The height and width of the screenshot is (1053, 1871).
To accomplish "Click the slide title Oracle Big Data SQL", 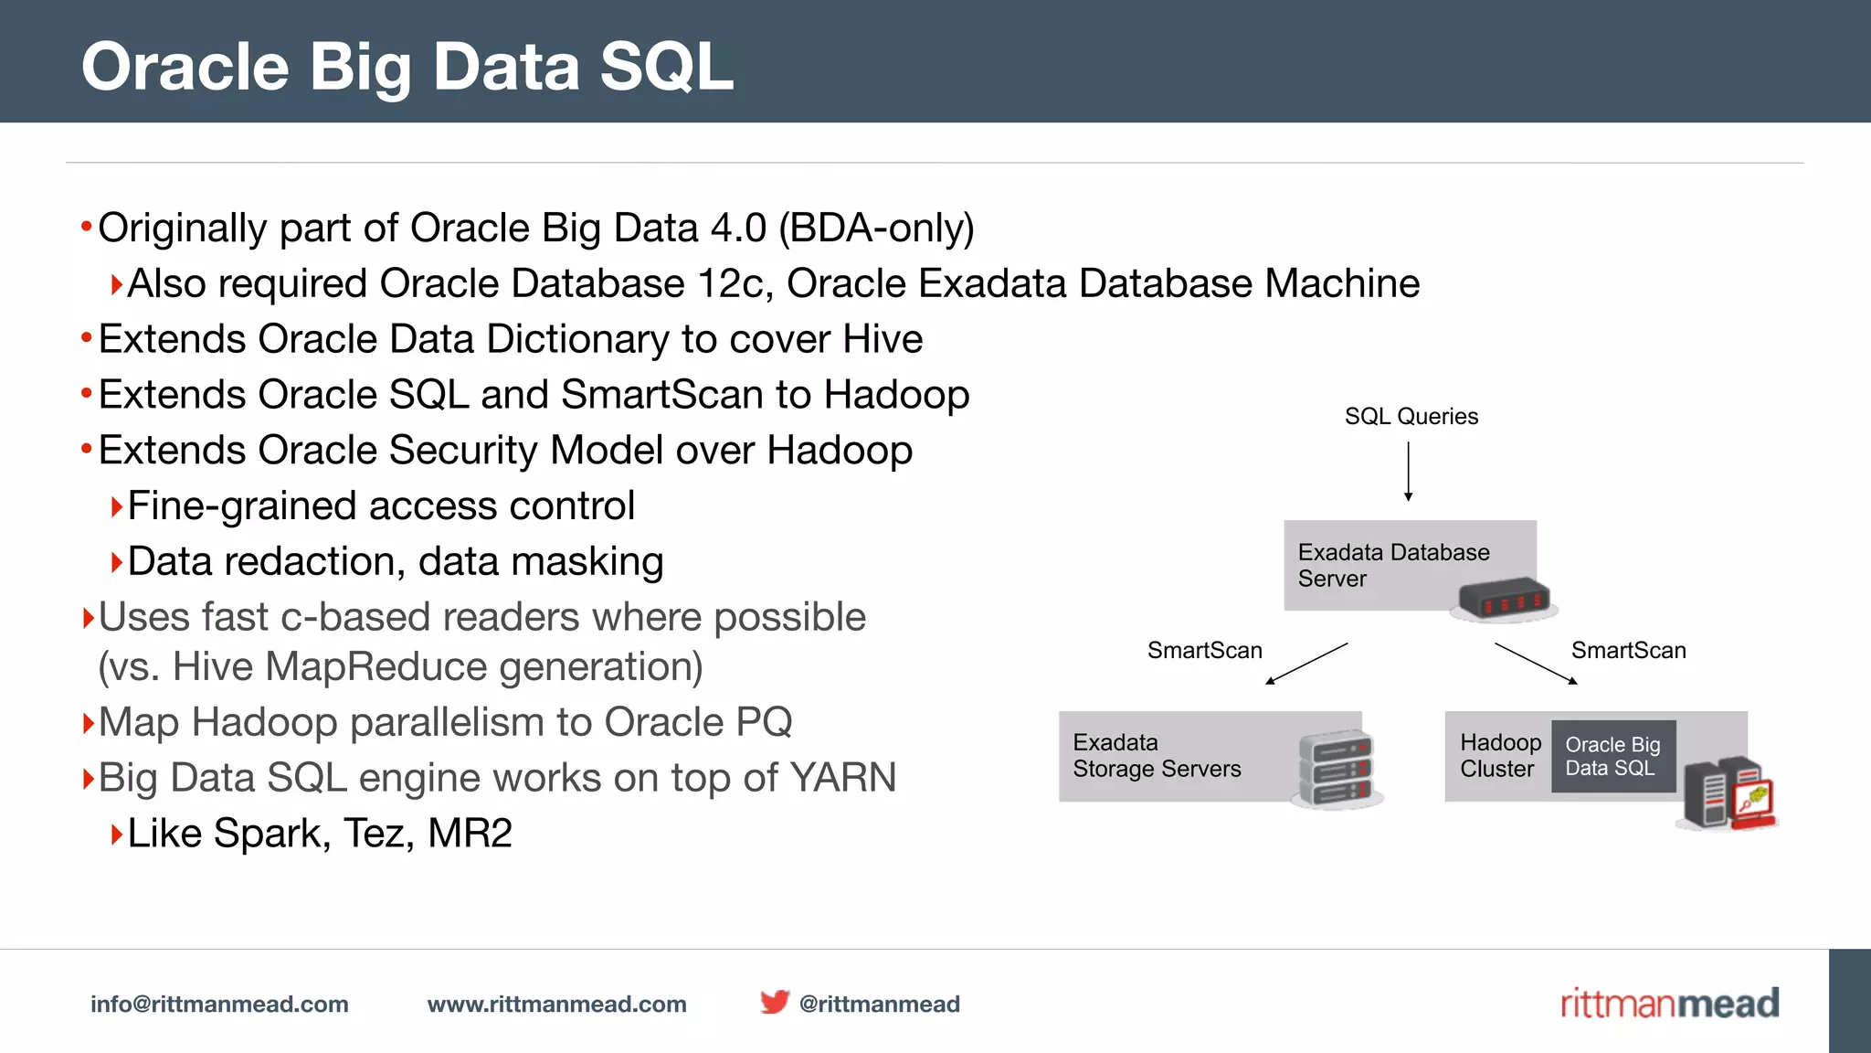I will click(407, 67).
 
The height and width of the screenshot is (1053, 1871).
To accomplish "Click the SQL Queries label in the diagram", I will click(1411, 417).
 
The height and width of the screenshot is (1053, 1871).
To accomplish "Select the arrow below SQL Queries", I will click(1409, 472).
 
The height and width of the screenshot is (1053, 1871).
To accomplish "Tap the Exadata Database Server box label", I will click(1393, 565).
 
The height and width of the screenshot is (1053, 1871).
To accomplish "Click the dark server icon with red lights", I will click(1504, 600).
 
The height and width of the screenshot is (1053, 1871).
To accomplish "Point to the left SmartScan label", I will click(1204, 651).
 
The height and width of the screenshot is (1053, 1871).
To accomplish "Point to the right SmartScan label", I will click(1628, 651).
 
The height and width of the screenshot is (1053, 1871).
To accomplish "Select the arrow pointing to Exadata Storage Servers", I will click(1306, 664).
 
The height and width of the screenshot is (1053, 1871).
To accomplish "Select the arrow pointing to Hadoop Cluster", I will click(1536, 664).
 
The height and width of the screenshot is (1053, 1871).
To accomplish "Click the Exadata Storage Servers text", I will click(1157, 756).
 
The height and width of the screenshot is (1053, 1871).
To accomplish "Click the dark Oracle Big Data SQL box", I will click(1612, 757).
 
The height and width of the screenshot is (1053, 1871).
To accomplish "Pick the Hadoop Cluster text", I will click(1499, 756).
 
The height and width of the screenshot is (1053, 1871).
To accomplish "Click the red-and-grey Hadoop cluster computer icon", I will click(1728, 793).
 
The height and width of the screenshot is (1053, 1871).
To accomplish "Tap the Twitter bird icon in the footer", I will click(774, 1002).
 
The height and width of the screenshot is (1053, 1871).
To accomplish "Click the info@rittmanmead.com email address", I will click(219, 1005).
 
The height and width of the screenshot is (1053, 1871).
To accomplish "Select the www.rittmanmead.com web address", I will click(556, 1005).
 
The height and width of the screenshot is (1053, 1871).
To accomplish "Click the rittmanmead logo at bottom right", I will click(1669, 1004).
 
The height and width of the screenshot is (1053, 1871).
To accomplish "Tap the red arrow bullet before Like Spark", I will click(116, 835).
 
